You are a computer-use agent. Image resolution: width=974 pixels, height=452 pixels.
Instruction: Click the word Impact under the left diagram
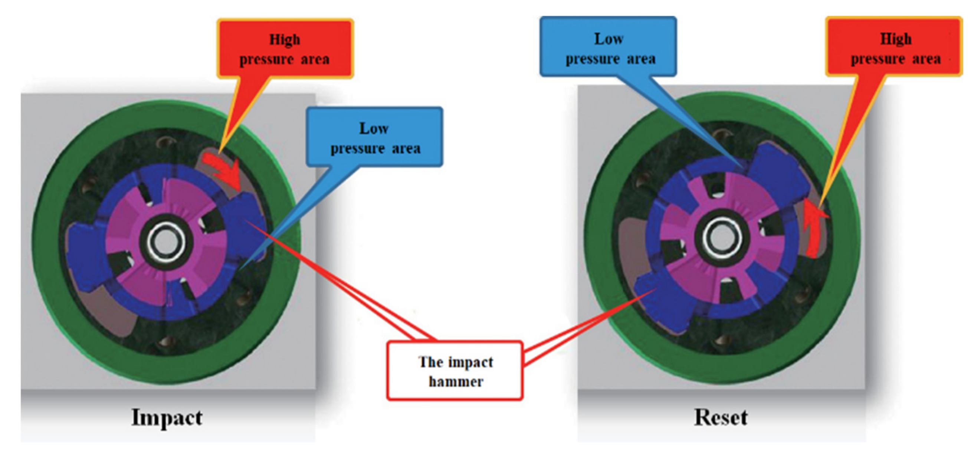coord(167,417)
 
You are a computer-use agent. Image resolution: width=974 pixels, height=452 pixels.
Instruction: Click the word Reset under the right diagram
coord(721,417)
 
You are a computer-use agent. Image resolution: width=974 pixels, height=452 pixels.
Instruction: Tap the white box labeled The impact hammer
coord(455,371)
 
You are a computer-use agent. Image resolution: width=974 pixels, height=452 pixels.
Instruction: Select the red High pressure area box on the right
coord(895,47)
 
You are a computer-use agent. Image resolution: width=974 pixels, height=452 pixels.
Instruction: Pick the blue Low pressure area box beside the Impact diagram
coord(374,137)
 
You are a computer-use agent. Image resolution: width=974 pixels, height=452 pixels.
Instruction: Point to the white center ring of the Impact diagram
coord(167,242)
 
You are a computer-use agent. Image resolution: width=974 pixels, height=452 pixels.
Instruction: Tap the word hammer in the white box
coord(456,381)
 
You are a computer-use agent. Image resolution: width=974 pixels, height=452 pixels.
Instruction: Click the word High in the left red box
coord(285,39)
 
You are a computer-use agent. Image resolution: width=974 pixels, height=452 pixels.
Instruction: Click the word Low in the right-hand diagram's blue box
coord(609,39)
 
